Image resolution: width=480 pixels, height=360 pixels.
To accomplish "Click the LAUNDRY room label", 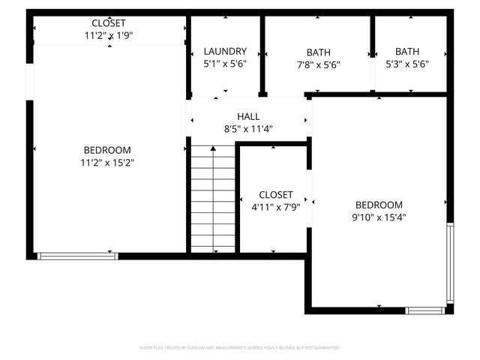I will point(225,52).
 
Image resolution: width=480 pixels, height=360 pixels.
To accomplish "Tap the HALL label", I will point(248,117).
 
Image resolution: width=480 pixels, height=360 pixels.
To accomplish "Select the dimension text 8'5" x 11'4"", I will point(248,129).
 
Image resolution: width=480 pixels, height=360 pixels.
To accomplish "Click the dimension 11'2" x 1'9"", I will point(109,35).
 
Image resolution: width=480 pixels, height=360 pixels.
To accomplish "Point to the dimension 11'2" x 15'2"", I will point(107,162).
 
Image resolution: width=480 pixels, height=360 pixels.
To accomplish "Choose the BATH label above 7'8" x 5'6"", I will point(318,52).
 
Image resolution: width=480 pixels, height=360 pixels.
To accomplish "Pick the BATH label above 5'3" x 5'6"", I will point(407,52).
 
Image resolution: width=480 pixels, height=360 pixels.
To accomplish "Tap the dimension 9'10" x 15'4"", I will point(379,217).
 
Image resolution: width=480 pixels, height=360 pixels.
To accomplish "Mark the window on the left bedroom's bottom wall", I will point(78,256).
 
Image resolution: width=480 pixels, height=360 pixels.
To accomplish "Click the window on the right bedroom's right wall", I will point(449,262).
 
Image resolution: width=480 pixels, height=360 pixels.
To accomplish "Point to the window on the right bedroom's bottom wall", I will point(425,310).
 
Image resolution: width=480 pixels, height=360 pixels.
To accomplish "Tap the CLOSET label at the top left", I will point(109,23).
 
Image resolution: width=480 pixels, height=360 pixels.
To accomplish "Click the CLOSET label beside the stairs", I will point(275,195).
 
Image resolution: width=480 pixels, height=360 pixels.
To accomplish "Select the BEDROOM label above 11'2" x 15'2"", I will point(107,150).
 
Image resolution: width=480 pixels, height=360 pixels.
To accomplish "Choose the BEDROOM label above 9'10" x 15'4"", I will point(379,205).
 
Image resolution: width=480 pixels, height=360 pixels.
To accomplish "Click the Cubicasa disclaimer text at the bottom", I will point(240,348).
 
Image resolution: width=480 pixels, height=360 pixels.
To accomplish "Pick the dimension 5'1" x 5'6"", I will point(225,64).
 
